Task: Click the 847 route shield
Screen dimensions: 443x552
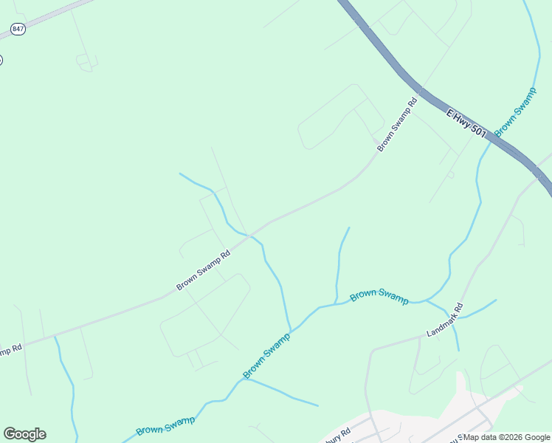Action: (x=18, y=29)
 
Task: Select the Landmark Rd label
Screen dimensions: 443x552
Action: (x=444, y=320)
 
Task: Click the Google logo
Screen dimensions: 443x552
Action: (x=24, y=433)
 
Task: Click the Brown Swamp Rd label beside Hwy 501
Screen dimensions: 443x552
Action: (x=397, y=125)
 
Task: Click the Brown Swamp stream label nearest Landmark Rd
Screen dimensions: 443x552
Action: (x=379, y=295)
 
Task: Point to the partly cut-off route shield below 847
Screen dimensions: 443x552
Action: (x=1, y=60)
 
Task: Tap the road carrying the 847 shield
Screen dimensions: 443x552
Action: (x=52, y=17)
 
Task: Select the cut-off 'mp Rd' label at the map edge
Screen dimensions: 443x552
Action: (x=10, y=348)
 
